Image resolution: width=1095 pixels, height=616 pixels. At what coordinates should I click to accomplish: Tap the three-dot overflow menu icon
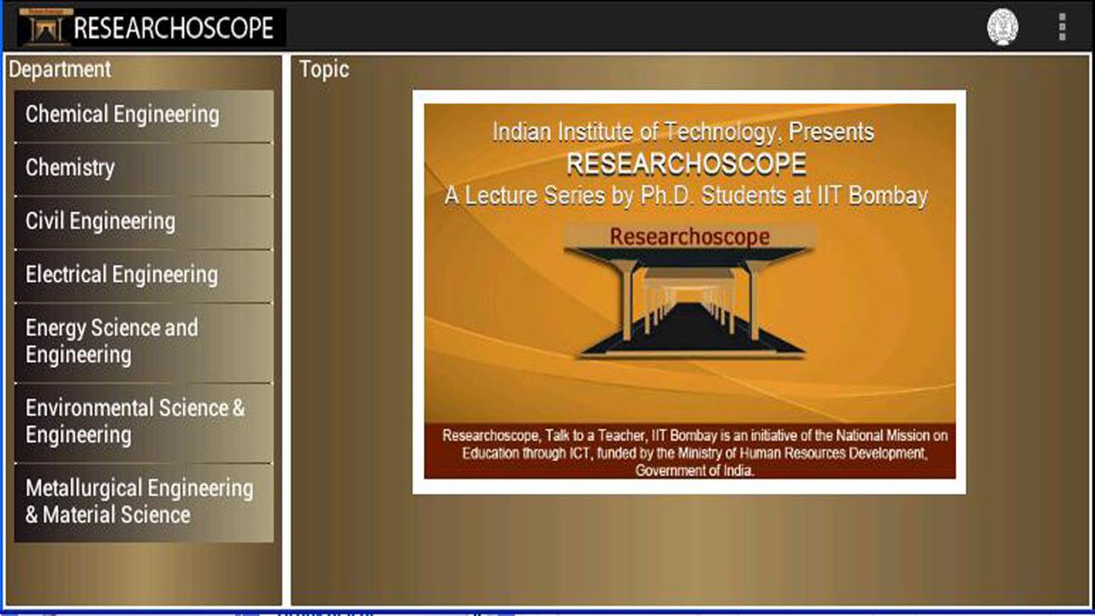(x=1062, y=27)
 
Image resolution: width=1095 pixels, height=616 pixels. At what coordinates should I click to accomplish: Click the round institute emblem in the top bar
(x=1003, y=27)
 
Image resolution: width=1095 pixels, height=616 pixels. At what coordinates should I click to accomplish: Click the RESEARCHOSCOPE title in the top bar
(x=174, y=28)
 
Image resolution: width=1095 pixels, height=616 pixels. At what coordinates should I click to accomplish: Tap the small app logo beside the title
(x=45, y=27)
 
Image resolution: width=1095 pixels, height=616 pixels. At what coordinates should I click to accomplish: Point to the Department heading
(x=60, y=69)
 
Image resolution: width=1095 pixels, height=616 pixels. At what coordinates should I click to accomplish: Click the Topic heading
(x=324, y=69)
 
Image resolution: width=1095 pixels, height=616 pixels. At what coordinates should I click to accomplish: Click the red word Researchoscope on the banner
(x=690, y=237)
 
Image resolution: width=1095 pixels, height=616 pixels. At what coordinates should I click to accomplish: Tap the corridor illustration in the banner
(x=690, y=302)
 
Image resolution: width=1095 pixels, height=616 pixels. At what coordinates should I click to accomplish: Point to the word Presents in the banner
(x=831, y=132)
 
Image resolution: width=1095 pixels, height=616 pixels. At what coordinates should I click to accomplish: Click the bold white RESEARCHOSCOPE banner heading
(x=686, y=163)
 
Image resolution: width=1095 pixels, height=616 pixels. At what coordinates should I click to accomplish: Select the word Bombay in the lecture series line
(x=888, y=196)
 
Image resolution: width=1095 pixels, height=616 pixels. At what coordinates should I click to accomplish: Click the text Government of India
(x=694, y=471)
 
